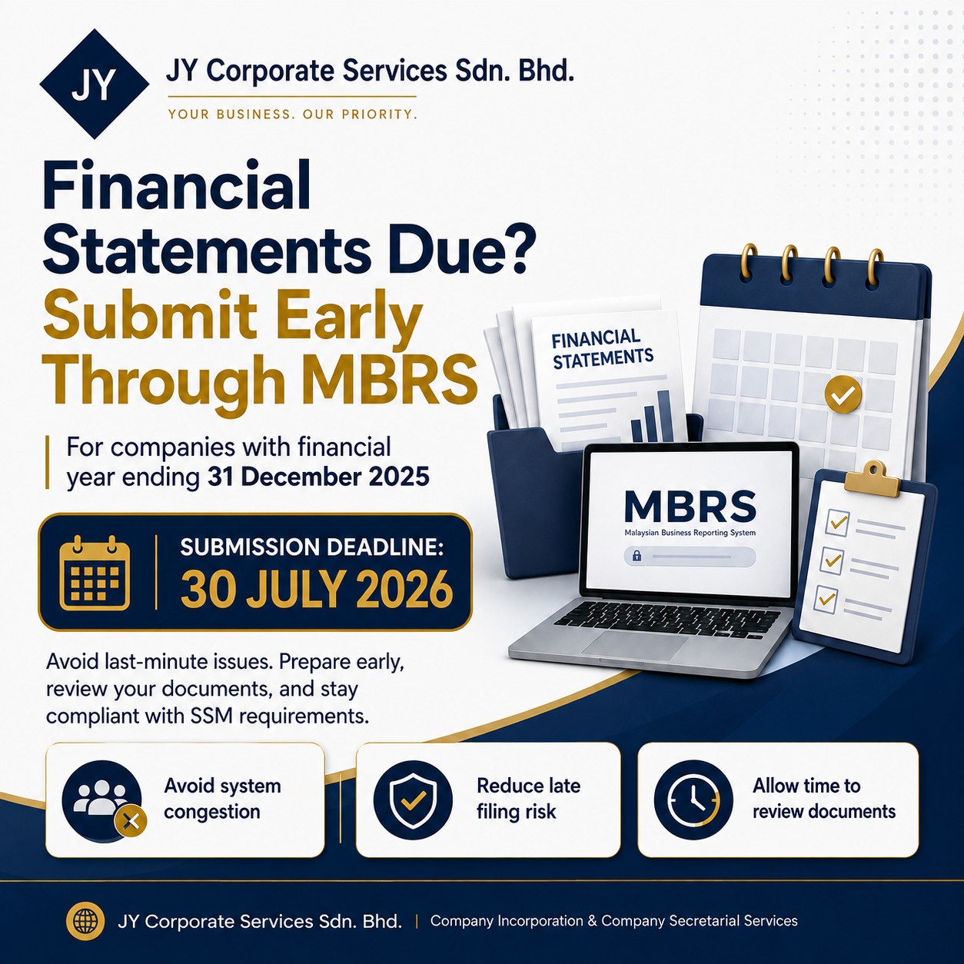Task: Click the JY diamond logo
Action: pyautogui.click(x=94, y=84)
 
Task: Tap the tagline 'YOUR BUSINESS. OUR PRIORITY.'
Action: pyautogui.click(x=293, y=115)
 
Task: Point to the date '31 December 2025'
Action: pyautogui.click(x=318, y=477)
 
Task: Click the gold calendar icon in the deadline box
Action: pyautogui.click(x=95, y=573)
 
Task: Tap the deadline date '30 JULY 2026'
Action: pyautogui.click(x=317, y=590)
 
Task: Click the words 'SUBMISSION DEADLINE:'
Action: pyautogui.click(x=311, y=547)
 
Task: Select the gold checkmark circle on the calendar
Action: pyautogui.click(x=843, y=394)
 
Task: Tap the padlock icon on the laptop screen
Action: pyautogui.click(x=637, y=556)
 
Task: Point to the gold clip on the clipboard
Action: pyautogui.click(x=873, y=479)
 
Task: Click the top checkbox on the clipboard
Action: pyautogui.click(x=837, y=523)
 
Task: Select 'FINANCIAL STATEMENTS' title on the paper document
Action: pyautogui.click(x=602, y=349)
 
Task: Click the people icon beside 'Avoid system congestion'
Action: pyautogui.click(x=103, y=801)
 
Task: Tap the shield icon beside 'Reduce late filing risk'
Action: pyautogui.click(x=413, y=801)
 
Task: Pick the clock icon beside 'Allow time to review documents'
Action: pyautogui.click(x=693, y=800)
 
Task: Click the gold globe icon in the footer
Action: pyautogui.click(x=85, y=921)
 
